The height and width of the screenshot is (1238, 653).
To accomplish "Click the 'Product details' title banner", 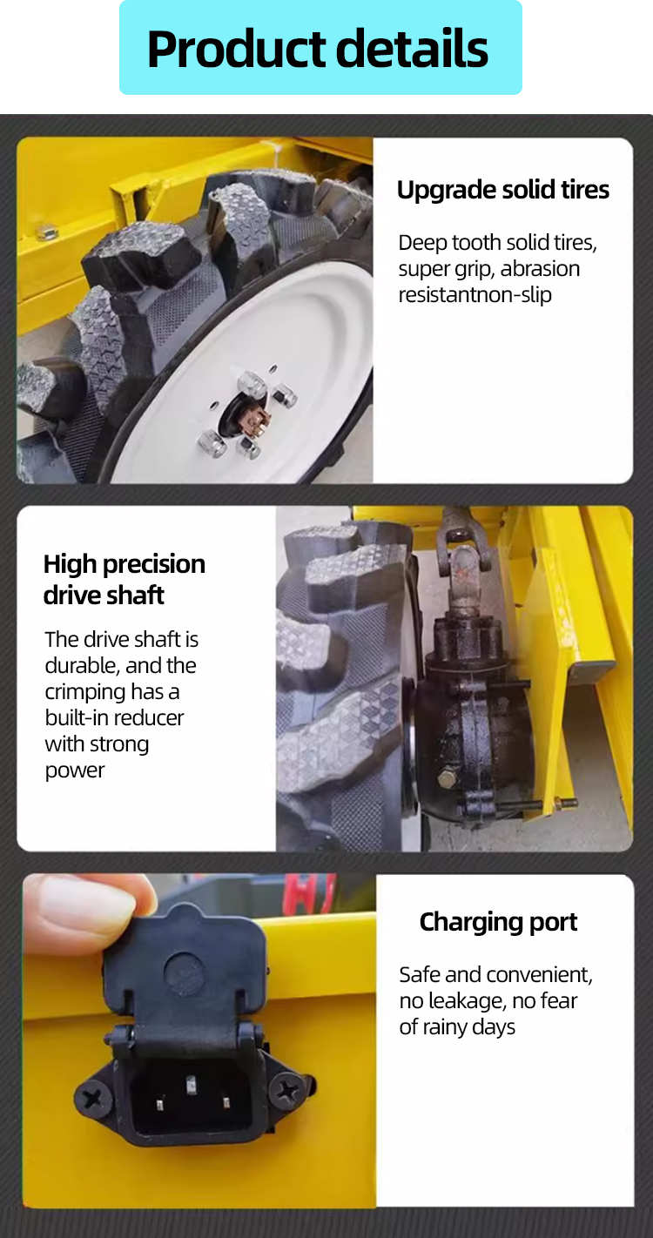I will [320, 48].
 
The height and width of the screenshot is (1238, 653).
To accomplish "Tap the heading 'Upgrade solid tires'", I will [502, 190].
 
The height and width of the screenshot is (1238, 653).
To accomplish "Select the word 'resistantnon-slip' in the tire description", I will [475, 295].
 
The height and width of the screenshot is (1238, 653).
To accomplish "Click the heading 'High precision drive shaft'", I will [124, 579].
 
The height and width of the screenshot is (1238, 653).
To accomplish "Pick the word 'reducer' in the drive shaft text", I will [149, 718].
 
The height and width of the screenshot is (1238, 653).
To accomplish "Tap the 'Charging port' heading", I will [498, 922].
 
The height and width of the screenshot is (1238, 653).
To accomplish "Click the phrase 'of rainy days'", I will [457, 1027].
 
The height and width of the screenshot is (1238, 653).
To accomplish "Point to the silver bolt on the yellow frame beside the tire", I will [47, 232].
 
